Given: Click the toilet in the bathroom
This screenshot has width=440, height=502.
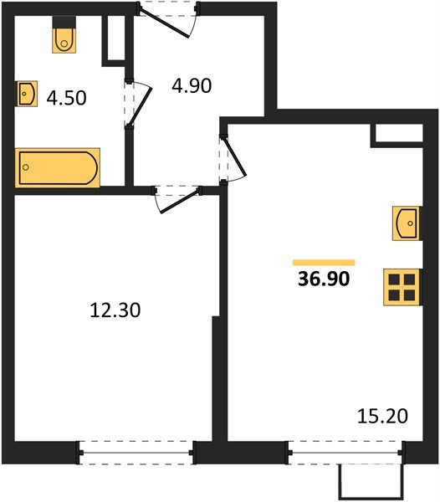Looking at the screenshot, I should pyautogui.click(x=64, y=38).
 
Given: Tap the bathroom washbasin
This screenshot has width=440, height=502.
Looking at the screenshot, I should pyautogui.click(x=26, y=93).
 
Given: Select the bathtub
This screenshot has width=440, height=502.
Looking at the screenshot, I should pyautogui.click(x=58, y=167).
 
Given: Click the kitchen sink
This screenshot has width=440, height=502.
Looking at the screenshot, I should pyautogui.click(x=406, y=223).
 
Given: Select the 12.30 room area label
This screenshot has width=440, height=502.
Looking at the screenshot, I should pyautogui.click(x=115, y=310).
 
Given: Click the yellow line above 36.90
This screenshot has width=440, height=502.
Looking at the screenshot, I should pyautogui.click(x=323, y=262).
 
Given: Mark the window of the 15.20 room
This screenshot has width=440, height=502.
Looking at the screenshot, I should pyautogui.click(x=345, y=453).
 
